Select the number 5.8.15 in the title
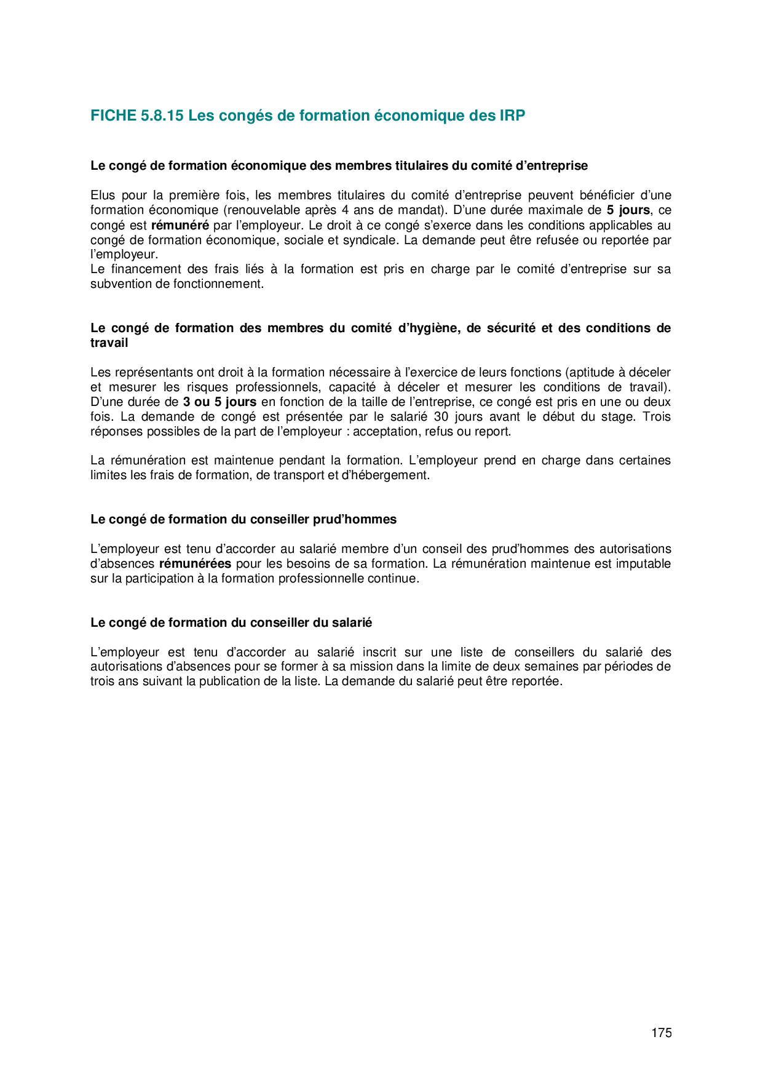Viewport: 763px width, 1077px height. (x=162, y=116)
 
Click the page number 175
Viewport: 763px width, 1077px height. (x=662, y=1033)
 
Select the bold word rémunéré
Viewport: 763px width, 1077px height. (x=180, y=225)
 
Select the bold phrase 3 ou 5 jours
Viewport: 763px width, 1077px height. (x=219, y=402)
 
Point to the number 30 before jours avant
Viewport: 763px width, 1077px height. (x=441, y=417)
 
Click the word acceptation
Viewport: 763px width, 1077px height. (x=385, y=432)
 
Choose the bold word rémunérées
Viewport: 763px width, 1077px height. (x=195, y=564)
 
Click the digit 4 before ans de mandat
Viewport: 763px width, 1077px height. (x=345, y=210)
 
